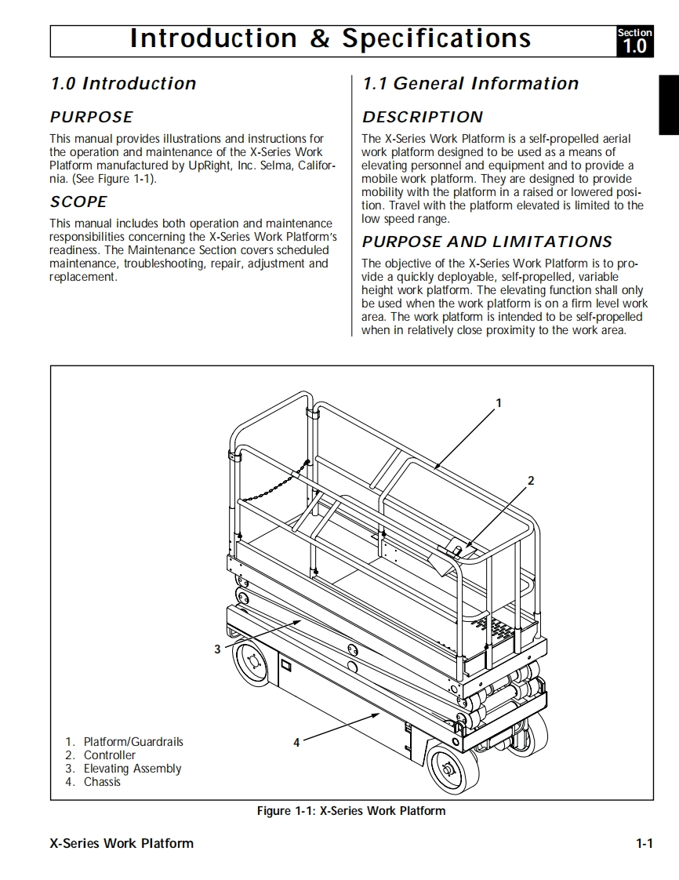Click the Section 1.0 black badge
[x=634, y=41]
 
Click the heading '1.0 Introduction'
[x=123, y=84]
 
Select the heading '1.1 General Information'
[x=470, y=84]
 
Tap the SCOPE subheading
[x=78, y=202]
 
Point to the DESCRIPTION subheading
[x=423, y=118]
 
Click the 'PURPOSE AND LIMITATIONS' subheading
[x=487, y=242]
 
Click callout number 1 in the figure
[x=499, y=403]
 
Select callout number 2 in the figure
[x=531, y=481]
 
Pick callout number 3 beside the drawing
[x=217, y=649]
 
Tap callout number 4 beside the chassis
[x=296, y=742]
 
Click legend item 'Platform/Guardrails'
[x=133, y=742]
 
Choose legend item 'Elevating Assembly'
[x=133, y=769]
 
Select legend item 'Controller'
[x=110, y=755]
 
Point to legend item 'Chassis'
[x=103, y=782]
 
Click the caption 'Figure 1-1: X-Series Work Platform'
[x=351, y=811]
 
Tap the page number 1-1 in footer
[x=645, y=844]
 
